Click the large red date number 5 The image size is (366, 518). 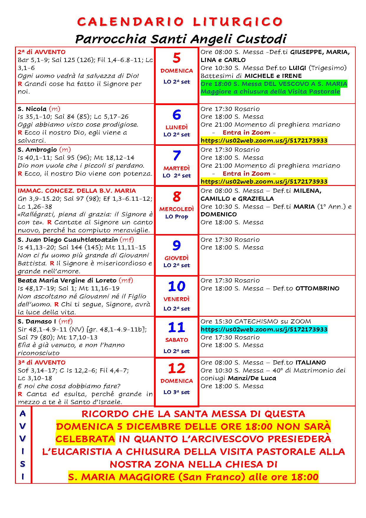176,58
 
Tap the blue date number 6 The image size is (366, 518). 176,115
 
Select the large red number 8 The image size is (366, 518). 176,196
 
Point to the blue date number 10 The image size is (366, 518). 176,286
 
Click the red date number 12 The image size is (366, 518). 176,368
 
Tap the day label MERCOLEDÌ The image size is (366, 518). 176,209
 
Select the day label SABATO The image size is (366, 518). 176,340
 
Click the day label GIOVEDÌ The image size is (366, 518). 176,258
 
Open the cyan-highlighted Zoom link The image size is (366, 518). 264,329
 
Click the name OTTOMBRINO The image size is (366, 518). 317,288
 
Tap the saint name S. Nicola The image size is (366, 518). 32,109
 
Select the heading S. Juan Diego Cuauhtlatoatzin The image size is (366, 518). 68,239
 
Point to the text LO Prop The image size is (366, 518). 176,216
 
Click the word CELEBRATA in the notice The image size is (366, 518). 85,439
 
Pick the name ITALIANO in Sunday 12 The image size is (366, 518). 311,362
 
